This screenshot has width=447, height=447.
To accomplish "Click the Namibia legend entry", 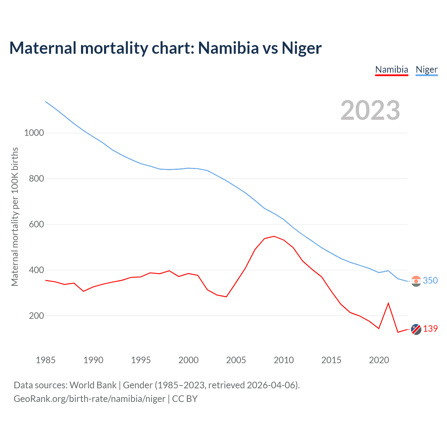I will (x=391, y=69).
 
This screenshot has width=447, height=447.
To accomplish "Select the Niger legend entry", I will (x=426, y=69).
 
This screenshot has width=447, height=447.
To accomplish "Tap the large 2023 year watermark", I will (x=370, y=110).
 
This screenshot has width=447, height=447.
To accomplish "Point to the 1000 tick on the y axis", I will (x=34, y=133).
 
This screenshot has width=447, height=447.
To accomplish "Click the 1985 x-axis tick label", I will (x=45, y=360).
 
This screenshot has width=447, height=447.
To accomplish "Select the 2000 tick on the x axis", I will (x=189, y=360).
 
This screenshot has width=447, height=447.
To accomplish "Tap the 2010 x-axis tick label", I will (x=284, y=360).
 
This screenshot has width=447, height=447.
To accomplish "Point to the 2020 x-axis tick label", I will (x=379, y=360).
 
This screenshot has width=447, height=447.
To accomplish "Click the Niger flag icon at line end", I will (x=416, y=281).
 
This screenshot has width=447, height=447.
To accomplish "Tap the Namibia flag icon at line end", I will (x=416, y=329).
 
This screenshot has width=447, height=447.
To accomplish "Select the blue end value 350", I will (x=430, y=281).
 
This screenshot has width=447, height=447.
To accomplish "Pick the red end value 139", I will (x=430, y=329).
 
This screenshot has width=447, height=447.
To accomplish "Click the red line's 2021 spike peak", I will (x=388, y=303).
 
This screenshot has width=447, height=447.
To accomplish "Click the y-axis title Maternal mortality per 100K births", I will (x=15, y=217).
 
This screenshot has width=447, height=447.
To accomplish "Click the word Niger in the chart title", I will (x=301, y=48).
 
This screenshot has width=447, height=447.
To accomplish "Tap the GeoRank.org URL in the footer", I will (x=89, y=399).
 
